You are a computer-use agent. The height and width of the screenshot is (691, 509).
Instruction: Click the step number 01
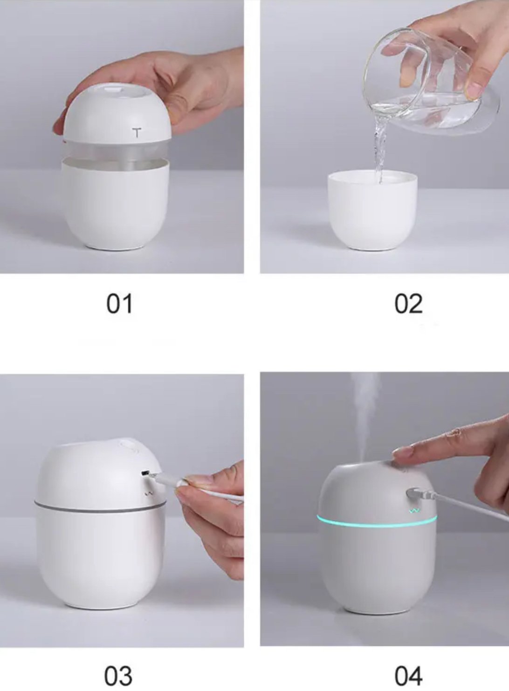(x=119, y=304)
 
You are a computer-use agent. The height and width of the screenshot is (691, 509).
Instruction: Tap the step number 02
(x=408, y=304)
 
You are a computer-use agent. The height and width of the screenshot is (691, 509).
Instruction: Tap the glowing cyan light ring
(x=377, y=522)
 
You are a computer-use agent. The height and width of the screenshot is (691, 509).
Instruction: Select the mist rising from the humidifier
(x=366, y=416)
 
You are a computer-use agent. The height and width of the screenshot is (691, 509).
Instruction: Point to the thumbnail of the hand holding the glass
(x=475, y=88)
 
